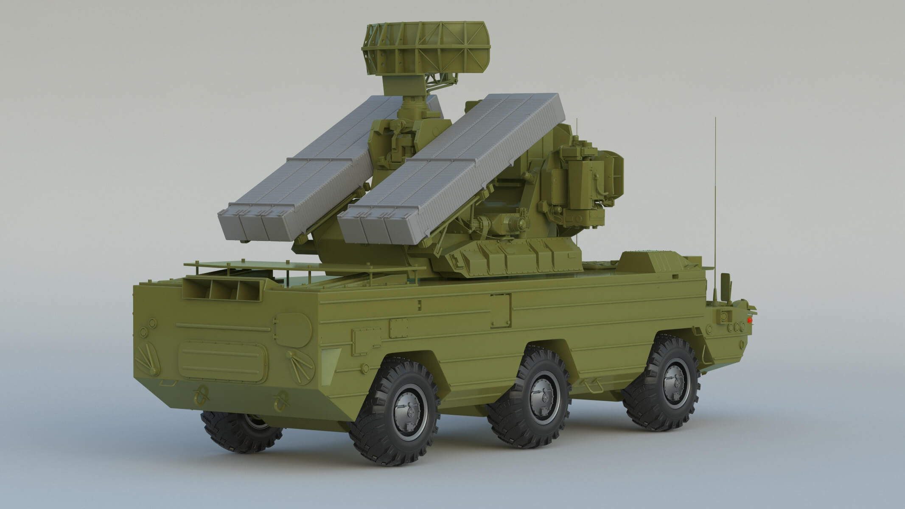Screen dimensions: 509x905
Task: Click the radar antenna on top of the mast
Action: [426, 47]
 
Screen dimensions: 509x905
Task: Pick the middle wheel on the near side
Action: [530, 397]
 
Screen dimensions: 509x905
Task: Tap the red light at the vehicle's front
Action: [750, 319]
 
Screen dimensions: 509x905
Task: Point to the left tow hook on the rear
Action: [200, 394]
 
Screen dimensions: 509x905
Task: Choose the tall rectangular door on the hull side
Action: [501, 311]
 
